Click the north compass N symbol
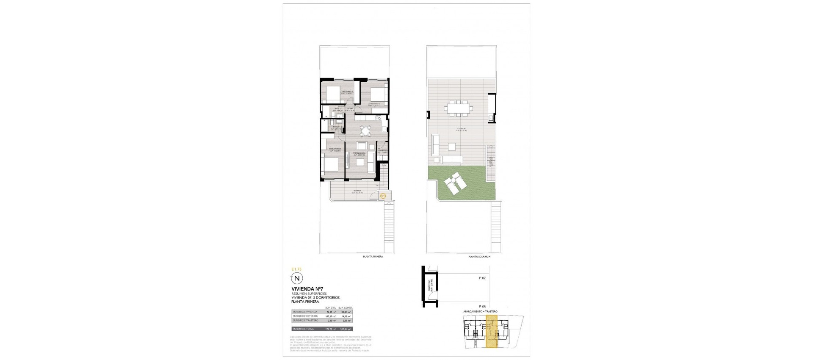click(x=297, y=278)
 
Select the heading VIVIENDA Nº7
click(x=304, y=289)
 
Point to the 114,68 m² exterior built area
click(x=346, y=316)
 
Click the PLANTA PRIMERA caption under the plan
click(x=373, y=257)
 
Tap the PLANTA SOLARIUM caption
click(x=479, y=257)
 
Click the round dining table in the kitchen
click(x=365, y=130)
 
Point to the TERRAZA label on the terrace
click(x=358, y=191)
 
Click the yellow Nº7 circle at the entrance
click(x=383, y=196)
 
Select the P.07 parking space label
click(x=482, y=278)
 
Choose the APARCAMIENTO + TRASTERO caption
click(x=480, y=311)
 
